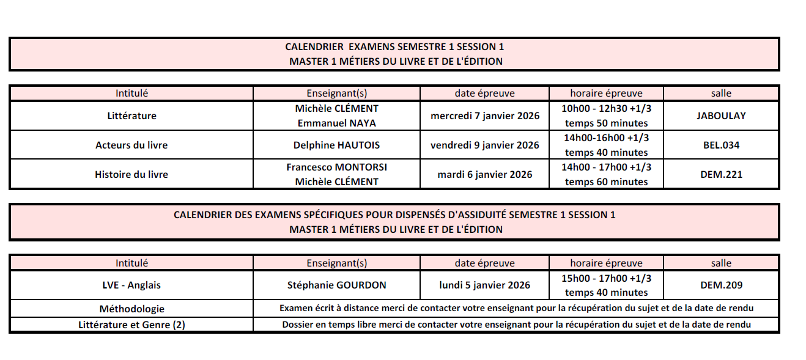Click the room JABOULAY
(x=721, y=116)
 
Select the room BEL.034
(x=721, y=145)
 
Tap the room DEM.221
(x=721, y=175)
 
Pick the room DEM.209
(x=721, y=285)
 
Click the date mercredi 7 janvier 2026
(x=485, y=116)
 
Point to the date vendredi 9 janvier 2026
(x=485, y=145)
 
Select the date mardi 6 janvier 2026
(x=485, y=175)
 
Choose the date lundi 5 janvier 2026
(x=485, y=285)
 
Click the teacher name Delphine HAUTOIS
(x=336, y=145)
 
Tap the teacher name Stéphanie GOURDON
(x=336, y=285)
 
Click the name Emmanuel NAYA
(x=336, y=123)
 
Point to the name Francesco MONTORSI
(x=336, y=167)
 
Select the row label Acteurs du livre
(x=131, y=145)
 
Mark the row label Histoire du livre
(x=131, y=175)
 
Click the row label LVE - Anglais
(x=131, y=285)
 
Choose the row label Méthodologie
(x=131, y=309)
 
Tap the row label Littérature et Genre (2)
(x=131, y=325)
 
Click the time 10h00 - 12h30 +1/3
(x=606, y=108)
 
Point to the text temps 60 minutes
(x=606, y=182)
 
